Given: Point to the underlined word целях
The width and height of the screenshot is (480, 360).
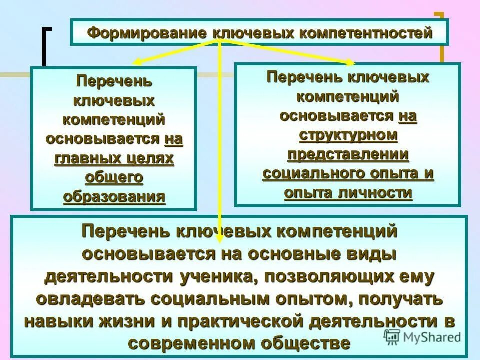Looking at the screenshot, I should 155,158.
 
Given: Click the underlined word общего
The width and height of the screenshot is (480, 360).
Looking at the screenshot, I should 114,177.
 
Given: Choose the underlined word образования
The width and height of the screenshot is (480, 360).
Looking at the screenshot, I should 114,196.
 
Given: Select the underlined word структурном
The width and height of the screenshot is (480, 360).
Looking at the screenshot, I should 348,135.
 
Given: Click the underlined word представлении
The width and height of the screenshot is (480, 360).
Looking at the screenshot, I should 348,154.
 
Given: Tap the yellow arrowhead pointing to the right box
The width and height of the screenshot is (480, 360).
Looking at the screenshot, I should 350,62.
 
